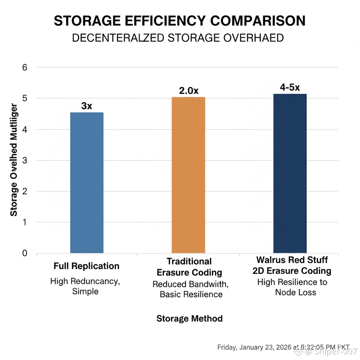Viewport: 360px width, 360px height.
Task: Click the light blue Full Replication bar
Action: click(x=86, y=182)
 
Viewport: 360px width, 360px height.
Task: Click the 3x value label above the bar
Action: click(x=86, y=106)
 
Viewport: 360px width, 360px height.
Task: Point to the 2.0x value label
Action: click(x=189, y=90)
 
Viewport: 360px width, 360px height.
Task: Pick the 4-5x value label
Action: click(x=290, y=88)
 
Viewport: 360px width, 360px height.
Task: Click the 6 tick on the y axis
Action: click(x=25, y=67)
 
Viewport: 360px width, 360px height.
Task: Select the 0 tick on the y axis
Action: click(x=25, y=253)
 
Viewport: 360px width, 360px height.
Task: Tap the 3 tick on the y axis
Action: click(x=25, y=160)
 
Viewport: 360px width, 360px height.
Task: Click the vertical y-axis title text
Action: click(x=13, y=160)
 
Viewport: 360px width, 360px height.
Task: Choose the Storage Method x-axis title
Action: click(x=189, y=319)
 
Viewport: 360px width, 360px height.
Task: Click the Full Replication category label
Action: click(x=86, y=266)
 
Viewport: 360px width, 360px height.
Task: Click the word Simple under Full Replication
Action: click(x=85, y=291)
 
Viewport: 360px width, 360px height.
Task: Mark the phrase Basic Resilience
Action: click(x=191, y=294)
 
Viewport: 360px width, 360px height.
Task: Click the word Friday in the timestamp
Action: click(x=227, y=347)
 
